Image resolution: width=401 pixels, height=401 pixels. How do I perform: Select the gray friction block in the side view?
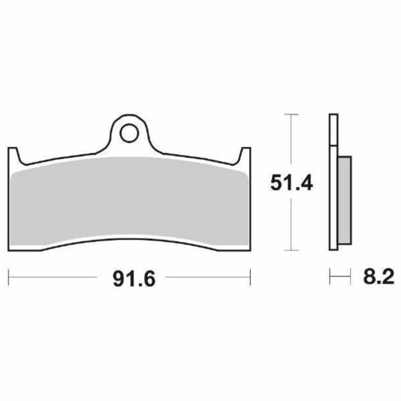[344, 200]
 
